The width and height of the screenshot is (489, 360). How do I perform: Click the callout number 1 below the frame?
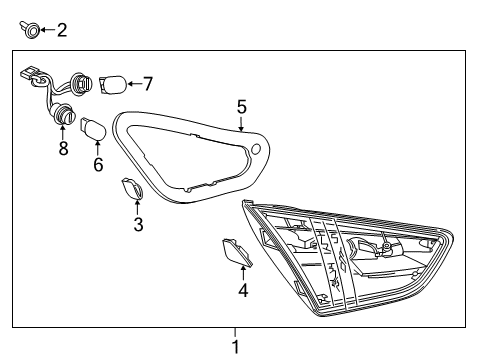[236, 347]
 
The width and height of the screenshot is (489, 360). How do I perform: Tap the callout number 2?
[61, 31]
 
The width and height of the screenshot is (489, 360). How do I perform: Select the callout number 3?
[138, 225]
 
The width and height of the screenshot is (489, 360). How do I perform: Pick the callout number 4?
[240, 291]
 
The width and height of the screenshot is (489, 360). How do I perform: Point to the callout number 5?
[241, 107]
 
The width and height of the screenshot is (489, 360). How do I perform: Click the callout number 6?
[98, 165]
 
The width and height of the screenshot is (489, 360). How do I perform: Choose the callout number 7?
[147, 83]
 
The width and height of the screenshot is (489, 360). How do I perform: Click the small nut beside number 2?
[29, 32]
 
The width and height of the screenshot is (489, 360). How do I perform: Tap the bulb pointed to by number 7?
[111, 83]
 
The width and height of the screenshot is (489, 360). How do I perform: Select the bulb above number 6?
[93, 128]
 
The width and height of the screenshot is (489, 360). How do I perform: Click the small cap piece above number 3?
[132, 190]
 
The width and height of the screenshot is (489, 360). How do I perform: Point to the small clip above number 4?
[235, 252]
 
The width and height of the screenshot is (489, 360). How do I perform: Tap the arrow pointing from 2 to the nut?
[45, 32]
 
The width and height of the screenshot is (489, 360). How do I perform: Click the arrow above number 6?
[97, 148]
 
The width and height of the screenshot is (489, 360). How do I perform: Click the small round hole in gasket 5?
[256, 150]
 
